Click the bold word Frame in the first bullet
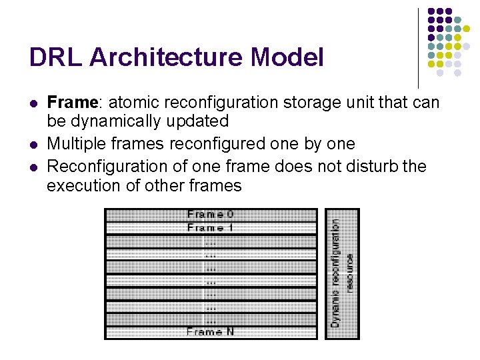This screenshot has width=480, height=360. tap(72, 103)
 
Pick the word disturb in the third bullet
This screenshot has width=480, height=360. tap(374, 165)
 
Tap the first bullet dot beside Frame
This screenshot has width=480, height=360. tap(33, 104)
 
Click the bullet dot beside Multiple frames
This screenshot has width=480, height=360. tap(33, 145)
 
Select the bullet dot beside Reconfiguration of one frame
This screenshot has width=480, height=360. tap(33, 166)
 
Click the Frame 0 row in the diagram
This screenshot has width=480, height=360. tap(211, 215)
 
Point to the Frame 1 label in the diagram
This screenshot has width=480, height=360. tap(211, 228)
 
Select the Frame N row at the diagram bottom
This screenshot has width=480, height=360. tap(211, 331)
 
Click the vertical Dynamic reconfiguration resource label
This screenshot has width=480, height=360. tap(342, 273)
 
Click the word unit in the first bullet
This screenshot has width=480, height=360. tap(369, 103)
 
